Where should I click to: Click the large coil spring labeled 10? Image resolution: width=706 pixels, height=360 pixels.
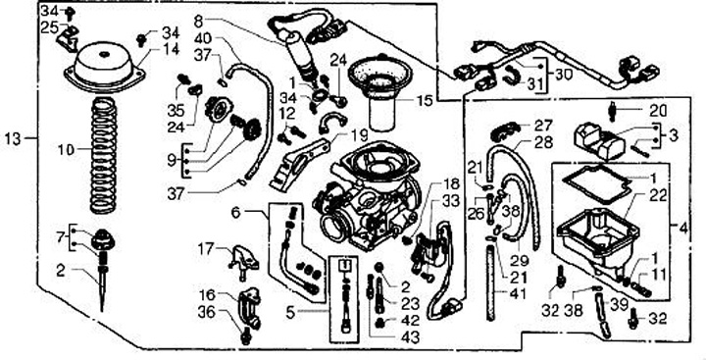[104, 155]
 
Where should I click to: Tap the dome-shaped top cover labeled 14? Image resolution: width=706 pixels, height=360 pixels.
[104, 68]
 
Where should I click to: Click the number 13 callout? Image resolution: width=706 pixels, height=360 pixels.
[13, 138]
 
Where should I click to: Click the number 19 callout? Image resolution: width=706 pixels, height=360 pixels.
[359, 134]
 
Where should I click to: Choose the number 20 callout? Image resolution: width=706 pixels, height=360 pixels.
[658, 111]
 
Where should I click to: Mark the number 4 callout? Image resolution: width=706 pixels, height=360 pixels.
[683, 229]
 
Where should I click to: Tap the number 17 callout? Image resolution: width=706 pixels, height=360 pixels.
[206, 248]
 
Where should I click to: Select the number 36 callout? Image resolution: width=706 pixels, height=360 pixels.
[207, 312]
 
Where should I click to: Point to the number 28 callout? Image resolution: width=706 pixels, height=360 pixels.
[544, 142]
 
